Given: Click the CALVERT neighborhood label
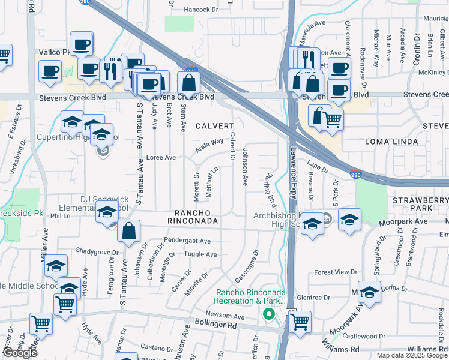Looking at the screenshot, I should (x=214, y=126).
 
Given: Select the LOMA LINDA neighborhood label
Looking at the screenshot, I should (x=389, y=142).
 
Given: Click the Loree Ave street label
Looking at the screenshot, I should (x=161, y=158).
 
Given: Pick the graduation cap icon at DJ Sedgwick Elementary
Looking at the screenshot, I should (x=107, y=212).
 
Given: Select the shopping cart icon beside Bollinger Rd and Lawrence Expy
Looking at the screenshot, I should (x=300, y=322).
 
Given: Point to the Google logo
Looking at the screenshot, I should (x=20, y=353).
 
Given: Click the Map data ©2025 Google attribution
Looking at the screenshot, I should (x=412, y=355).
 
